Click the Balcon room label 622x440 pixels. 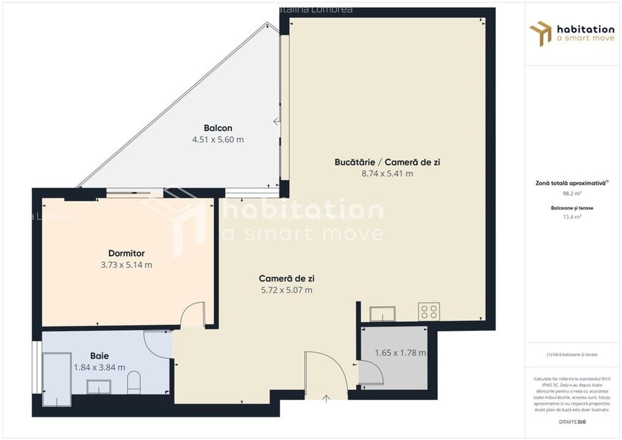point(218,128)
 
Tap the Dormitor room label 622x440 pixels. point(126,253)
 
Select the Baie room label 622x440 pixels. point(99,356)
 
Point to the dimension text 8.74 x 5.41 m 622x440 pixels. point(387,174)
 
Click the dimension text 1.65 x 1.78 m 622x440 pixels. point(400,353)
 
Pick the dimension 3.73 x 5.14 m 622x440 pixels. point(126,265)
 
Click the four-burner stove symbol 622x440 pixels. point(429,311)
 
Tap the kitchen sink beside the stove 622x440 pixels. point(382,314)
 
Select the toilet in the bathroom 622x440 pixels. point(133,382)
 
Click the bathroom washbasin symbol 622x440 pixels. point(98,386)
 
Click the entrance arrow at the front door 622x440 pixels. point(327,398)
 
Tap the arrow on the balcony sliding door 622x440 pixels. point(277,122)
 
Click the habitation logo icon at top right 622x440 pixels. point(540,33)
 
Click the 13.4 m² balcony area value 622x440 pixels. point(572,217)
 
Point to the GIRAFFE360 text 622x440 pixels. point(573,422)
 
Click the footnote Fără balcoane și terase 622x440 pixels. point(572,354)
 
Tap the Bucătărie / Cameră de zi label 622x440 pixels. point(387,162)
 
